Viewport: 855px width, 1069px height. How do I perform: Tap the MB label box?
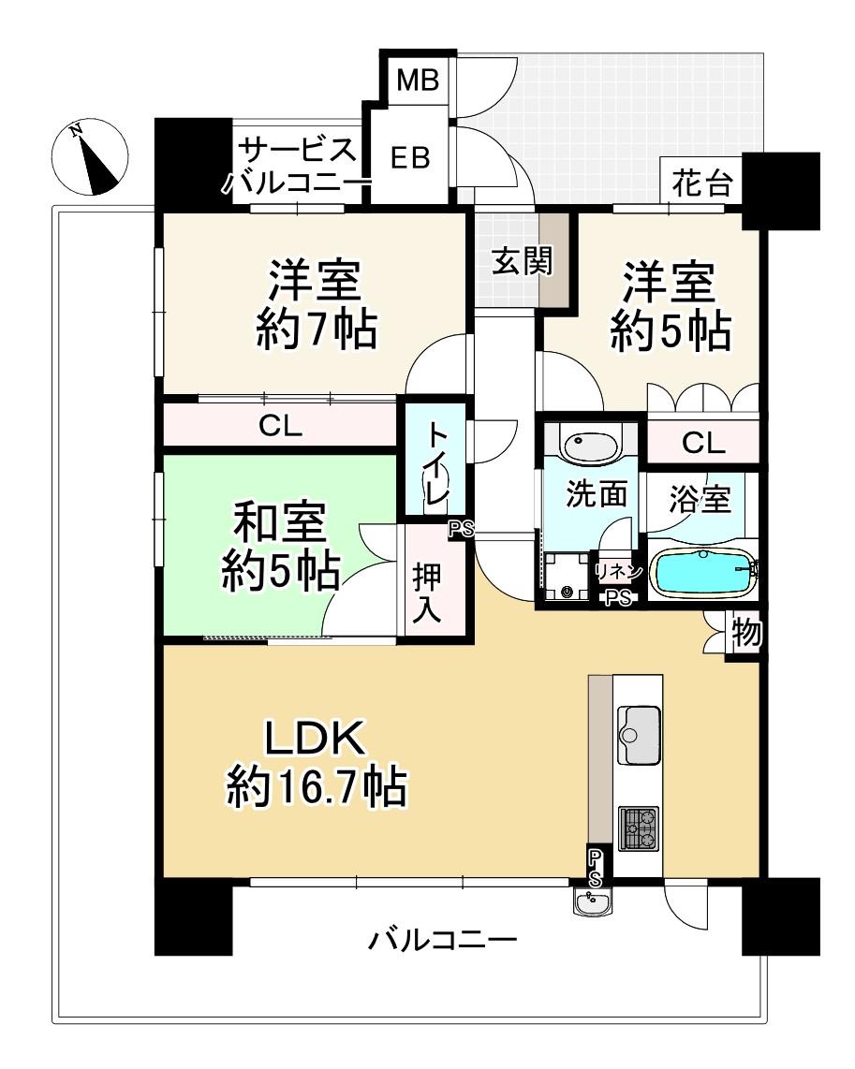418,81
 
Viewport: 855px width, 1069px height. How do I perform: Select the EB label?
410,158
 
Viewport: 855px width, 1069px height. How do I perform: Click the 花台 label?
701,183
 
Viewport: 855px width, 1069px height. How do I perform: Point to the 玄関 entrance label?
523,261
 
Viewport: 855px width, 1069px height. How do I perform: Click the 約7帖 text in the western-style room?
317,332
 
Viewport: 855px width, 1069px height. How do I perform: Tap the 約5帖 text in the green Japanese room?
281,571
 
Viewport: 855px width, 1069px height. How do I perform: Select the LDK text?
315,737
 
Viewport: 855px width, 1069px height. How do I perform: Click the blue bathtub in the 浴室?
701,571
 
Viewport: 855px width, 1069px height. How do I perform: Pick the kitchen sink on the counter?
638,735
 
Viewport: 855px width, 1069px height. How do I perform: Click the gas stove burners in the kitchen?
638,828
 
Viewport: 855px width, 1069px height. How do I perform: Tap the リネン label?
618,571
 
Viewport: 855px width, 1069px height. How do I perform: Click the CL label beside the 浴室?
703,444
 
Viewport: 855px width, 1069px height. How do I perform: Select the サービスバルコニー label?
296,166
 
